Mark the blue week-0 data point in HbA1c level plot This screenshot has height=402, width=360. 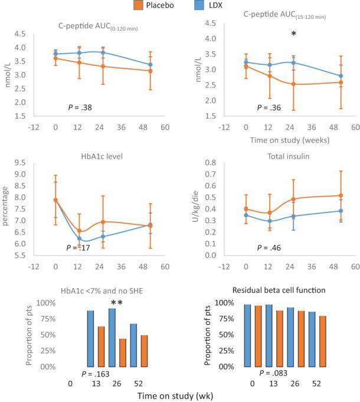click(55, 200)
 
